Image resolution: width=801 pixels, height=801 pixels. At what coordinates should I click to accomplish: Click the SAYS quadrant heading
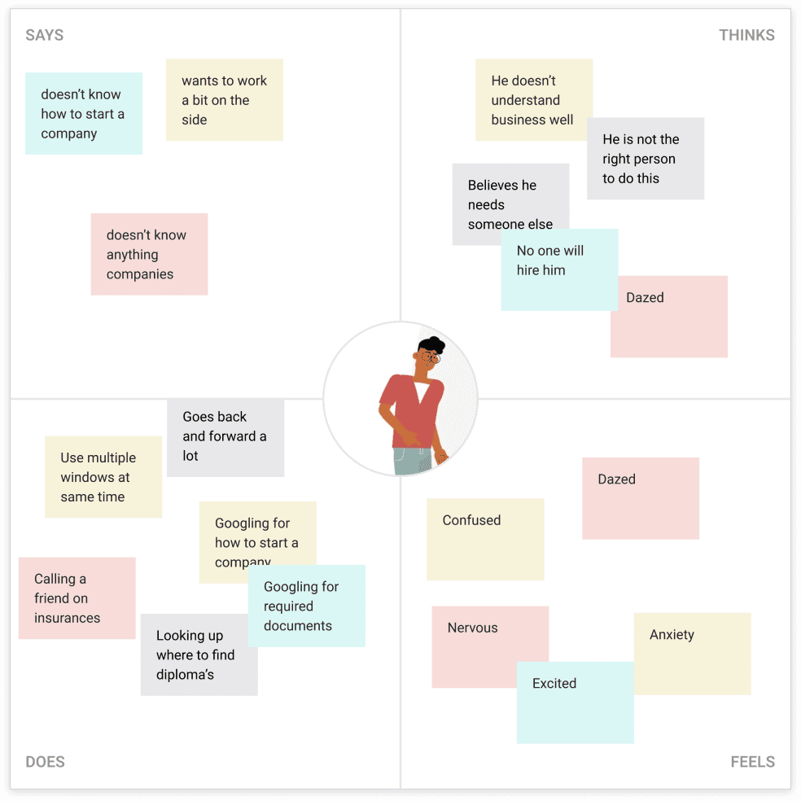click(x=45, y=35)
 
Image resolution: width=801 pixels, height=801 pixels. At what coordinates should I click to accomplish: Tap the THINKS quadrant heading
click(x=746, y=35)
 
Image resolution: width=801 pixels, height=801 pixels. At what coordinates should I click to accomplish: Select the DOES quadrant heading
click(x=45, y=762)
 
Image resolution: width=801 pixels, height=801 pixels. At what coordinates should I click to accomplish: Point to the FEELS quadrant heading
click(x=752, y=762)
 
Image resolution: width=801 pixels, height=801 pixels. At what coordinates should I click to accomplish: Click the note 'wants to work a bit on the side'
click(x=224, y=99)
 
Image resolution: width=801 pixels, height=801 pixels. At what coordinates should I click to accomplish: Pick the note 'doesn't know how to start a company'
click(x=84, y=113)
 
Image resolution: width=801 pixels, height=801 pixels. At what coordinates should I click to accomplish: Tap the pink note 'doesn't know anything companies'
click(x=149, y=254)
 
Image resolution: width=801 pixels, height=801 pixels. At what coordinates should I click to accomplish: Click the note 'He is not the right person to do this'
click(x=646, y=159)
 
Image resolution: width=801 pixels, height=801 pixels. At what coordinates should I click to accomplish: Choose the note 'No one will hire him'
click(x=559, y=269)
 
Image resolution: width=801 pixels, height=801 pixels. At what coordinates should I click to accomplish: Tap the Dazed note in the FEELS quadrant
click(x=641, y=498)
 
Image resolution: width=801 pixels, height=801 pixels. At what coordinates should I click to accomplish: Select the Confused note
click(x=485, y=539)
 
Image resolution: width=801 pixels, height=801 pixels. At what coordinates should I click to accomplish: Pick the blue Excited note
click(x=576, y=703)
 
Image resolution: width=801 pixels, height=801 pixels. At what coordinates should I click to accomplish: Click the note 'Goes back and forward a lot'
click(x=225, y=437)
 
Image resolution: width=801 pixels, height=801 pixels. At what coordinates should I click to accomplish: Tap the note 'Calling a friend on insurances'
click(x=77, y=598)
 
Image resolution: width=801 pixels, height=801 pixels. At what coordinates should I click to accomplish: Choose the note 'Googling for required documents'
click(x=307, y=606)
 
